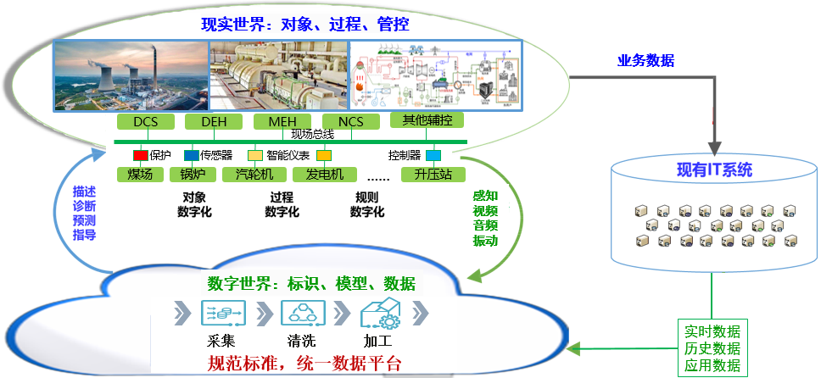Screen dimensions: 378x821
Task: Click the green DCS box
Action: click(x=146, y=122)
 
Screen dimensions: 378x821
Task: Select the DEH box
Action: click(x=214, y=122)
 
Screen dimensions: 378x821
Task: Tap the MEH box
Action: click(x=282, y=122)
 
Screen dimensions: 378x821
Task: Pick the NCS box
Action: click(x=350, y=122)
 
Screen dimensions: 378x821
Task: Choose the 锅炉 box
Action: click(x=193, y=175)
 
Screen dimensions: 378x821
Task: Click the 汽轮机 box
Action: click(x=254, y=175)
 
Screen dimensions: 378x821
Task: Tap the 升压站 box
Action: click(x=433, y=175)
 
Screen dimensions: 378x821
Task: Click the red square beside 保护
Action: click(x=140, y=156)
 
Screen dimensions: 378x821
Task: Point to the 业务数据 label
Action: click(x=645, y=60)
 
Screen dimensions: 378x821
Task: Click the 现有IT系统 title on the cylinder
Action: click(x=714, y=170)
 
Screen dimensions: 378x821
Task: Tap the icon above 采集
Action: click(x=223, y=314)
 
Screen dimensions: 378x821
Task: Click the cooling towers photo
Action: click(x=131, y=78)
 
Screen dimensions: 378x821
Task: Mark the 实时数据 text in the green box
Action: click(x=711, y=331)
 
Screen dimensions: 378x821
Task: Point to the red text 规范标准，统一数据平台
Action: click(x=304, y=364)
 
